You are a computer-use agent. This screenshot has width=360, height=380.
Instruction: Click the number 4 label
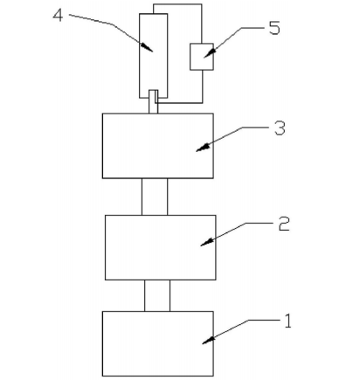point(58,15)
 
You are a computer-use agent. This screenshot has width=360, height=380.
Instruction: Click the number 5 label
point(274,28)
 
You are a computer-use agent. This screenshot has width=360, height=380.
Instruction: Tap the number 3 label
point(280,128)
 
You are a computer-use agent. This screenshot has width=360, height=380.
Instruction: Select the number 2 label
point(284,225)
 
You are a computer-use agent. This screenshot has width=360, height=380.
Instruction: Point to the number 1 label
point(287,321)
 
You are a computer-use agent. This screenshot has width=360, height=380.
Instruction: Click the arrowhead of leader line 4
point(147,47)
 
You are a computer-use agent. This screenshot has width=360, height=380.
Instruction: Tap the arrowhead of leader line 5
point(210,53)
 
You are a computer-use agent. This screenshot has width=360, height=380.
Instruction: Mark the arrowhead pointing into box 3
point(203,148)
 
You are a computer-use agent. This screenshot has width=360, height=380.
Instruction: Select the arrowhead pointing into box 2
point(207,242)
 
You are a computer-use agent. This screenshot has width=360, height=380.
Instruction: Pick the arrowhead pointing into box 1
point(209,340)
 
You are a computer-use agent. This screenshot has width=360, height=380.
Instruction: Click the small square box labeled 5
point(202,57)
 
